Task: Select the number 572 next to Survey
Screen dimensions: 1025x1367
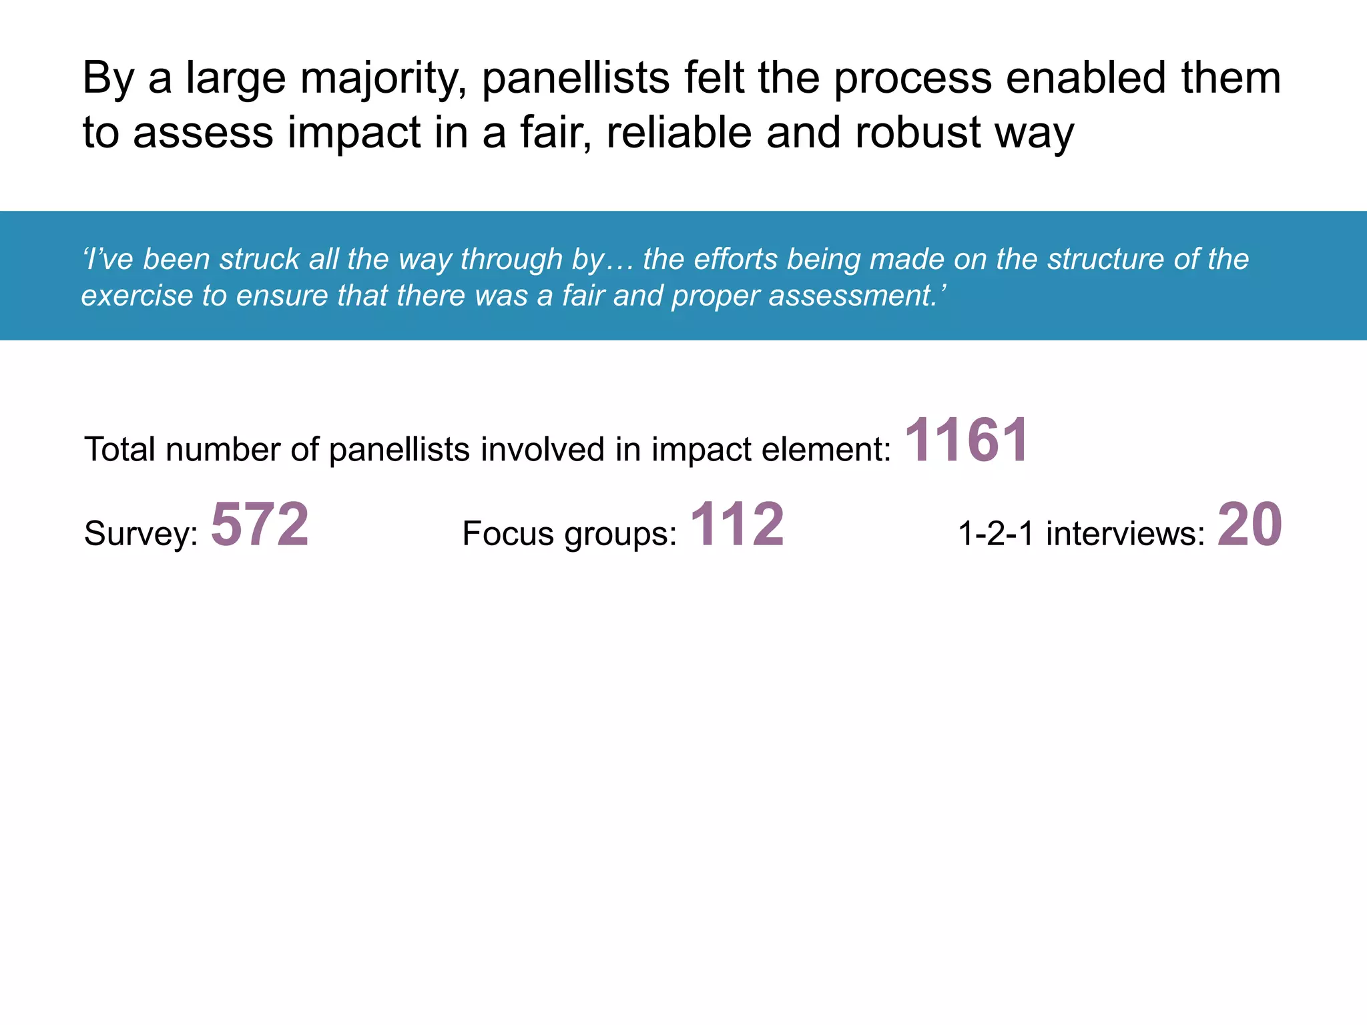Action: pos(260,525)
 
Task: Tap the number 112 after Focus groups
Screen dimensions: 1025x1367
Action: pos(737,525)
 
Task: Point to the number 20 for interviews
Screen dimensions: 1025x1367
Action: pos(1249,525)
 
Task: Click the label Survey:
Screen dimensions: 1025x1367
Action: pos(141,534)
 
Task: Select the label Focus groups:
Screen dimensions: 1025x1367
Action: pos(569,534)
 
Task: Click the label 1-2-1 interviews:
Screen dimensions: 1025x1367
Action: pos(1081,534)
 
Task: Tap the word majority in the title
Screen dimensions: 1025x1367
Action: pos(383,79)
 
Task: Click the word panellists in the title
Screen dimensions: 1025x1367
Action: pos(575,79)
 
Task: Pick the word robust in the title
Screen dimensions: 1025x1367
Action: pos(918,132)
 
